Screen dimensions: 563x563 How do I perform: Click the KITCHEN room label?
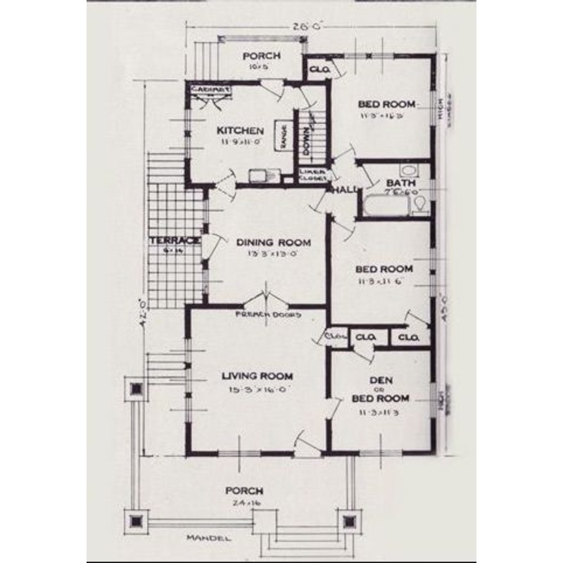240,131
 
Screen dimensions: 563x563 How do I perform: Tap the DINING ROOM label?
273,242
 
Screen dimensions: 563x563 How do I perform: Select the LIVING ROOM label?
255,376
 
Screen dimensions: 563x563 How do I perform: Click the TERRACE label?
167,241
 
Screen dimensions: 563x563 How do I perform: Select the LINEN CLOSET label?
312,175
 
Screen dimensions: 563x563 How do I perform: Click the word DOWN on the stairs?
308,133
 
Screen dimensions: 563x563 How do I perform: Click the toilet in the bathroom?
421,205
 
